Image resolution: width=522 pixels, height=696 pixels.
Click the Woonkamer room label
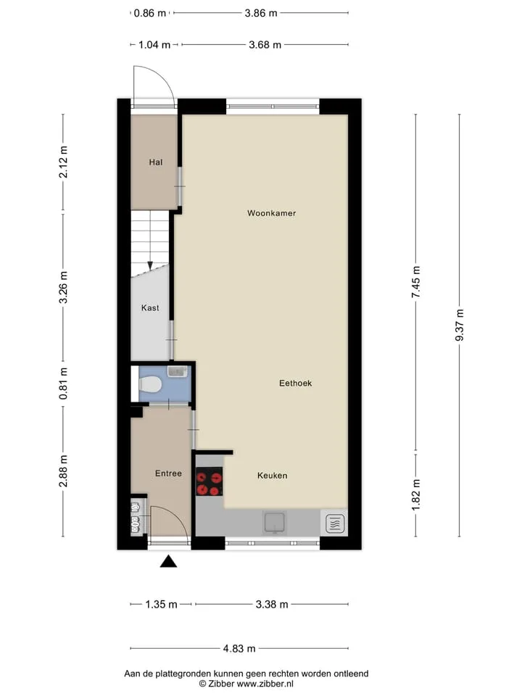(271, 213)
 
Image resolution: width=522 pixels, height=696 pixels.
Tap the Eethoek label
(295, 383)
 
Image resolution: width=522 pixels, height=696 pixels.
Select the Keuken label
(272, 476)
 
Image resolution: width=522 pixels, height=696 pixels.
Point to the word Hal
(155, 162)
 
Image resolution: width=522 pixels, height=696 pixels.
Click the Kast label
(150, 307)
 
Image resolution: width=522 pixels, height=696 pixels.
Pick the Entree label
(168, 473)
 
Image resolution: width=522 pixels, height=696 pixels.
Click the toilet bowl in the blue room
(150, 384)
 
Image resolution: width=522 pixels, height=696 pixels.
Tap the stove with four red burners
(210, 481)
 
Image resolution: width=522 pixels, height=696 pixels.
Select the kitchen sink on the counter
(274, 522)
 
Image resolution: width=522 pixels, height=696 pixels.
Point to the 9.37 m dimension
(460, 326)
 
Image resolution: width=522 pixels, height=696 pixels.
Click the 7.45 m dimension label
(416, 282)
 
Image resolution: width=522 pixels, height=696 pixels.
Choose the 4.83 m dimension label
(239, 648)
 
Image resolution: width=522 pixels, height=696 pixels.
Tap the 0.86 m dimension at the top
(150, 13)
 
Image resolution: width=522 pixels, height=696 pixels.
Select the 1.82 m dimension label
(416, 495)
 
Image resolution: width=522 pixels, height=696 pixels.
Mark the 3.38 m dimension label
(272, 604)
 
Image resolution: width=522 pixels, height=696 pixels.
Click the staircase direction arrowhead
(150, 265)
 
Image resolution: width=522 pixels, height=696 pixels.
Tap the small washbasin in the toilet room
(177, 371)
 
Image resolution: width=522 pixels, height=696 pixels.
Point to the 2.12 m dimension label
(64, 162)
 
